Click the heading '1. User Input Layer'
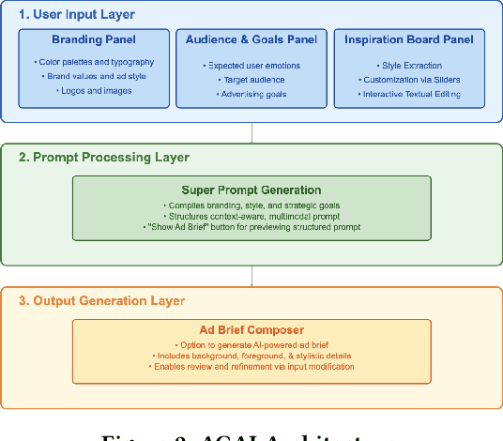76,15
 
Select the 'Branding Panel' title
93,40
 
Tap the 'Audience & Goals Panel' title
251,40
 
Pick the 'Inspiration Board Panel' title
409,40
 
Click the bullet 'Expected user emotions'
251,66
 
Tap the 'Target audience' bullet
251,81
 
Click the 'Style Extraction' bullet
409,66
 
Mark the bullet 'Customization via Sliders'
409,81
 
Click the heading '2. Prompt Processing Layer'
103,157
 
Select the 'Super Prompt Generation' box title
251,190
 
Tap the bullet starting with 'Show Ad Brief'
251,226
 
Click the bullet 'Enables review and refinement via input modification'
251,368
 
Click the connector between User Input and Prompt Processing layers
251,132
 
